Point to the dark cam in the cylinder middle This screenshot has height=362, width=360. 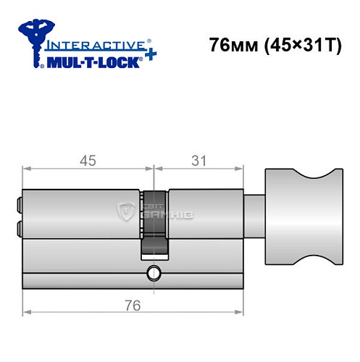[154, 224]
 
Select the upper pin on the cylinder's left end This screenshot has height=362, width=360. [19, 206]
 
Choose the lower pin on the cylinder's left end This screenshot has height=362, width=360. [19, 230]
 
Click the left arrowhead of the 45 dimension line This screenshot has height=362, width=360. [27, 171]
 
